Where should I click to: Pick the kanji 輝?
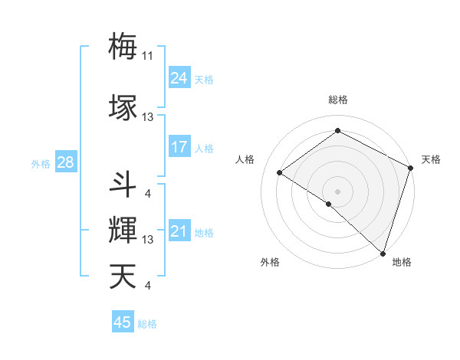(x=123, y=230)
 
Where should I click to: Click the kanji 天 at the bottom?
(x=123, y=276)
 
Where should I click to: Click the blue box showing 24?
(x=179, y=77)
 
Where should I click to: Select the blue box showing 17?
(x=179, y=146)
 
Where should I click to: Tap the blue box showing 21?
(x=179, y=231)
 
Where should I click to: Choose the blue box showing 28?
(x=64, y=162)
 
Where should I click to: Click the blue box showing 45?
(x=123, y=322)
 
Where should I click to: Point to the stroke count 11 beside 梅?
(x=148, y=56)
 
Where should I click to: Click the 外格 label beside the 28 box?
(x=40, y=163)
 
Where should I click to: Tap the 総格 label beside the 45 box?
(x=147, y=324)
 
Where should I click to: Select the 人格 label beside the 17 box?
(x=204, y=148)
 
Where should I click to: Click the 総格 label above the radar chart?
(x=337, y=100)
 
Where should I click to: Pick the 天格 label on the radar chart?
(x=431, y=159)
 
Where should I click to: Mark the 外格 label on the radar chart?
(x=269, y=262)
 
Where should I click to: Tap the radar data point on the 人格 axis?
(x=280, y=172)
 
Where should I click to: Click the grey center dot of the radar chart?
(x=337, y=191)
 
